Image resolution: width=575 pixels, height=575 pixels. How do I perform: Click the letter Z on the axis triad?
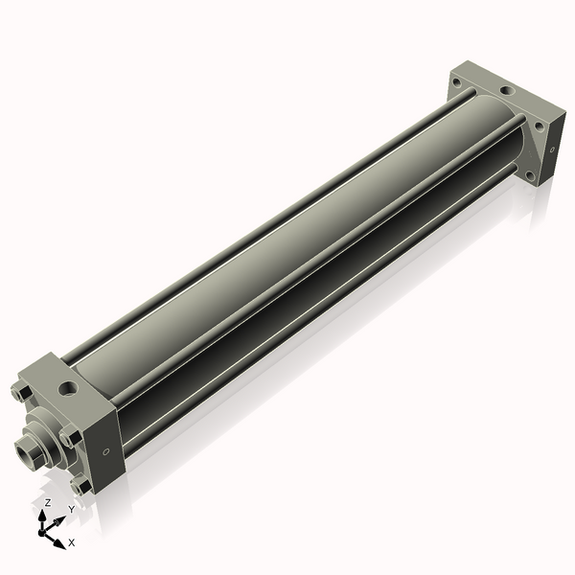(48, 502)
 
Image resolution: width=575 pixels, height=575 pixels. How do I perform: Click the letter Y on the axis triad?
(72, 509)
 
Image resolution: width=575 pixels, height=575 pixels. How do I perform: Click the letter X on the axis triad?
(72, 542)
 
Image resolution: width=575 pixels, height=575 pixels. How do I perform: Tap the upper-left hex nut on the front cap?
(21, 393)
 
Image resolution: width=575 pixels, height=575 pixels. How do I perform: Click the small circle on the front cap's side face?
(105, 451)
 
